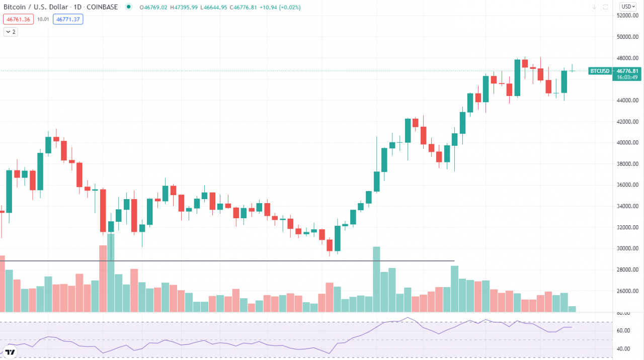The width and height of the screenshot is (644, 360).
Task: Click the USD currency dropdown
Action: point(627,7)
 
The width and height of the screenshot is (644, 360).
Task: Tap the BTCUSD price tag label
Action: point(600,71)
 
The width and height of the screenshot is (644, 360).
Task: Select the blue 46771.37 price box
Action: point(69,19)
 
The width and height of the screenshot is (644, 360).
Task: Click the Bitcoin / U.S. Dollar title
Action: point(38,7)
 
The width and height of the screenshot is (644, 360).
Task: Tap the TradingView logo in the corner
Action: point(10,351)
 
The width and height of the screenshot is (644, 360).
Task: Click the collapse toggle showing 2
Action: point(11,32)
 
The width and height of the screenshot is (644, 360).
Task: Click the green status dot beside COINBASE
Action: point(129,7)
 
